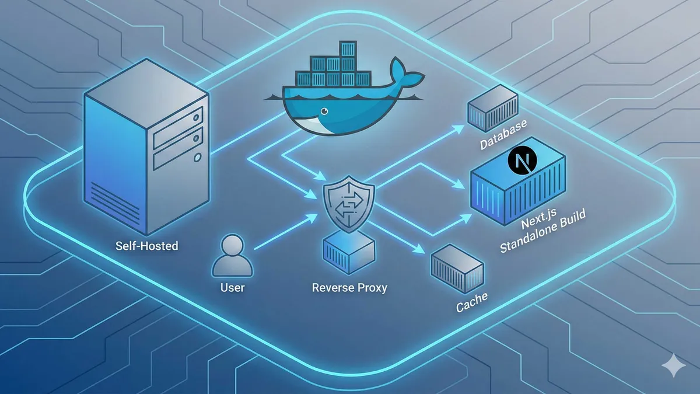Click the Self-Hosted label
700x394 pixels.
point(147,246)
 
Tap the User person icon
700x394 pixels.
point(232,256)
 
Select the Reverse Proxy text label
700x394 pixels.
point(349,288)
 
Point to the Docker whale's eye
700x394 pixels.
point(320,111)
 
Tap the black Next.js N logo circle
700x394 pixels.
point(522,161)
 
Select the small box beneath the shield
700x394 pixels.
point(348,251)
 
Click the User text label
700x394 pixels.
point(232,288)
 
